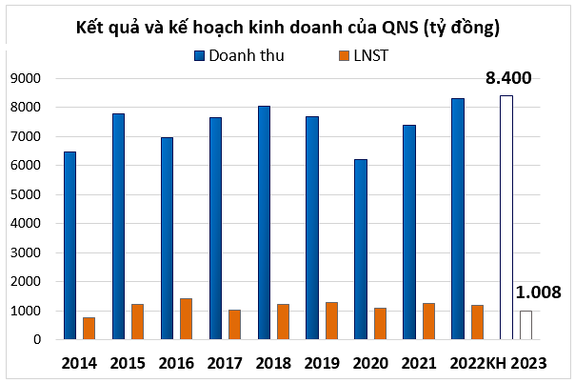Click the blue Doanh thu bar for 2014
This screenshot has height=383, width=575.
pos(69,246)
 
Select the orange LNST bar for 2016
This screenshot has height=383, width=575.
pos(186,319)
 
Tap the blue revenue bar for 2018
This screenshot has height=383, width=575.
pos(264,223)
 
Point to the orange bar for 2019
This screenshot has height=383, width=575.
pos(331,321)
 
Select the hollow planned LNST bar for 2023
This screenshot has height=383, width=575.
pos(525,325)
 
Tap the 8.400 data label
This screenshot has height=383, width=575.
pos(507,76)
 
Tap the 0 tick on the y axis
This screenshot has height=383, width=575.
pos(36,340)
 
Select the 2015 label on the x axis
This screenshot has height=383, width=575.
pos(128,363)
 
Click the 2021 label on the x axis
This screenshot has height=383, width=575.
pos(419,363)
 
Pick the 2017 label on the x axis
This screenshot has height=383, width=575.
pos(225,363)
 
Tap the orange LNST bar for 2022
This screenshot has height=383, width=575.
pos(477,322)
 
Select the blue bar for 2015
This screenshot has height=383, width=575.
pos(118,227)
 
